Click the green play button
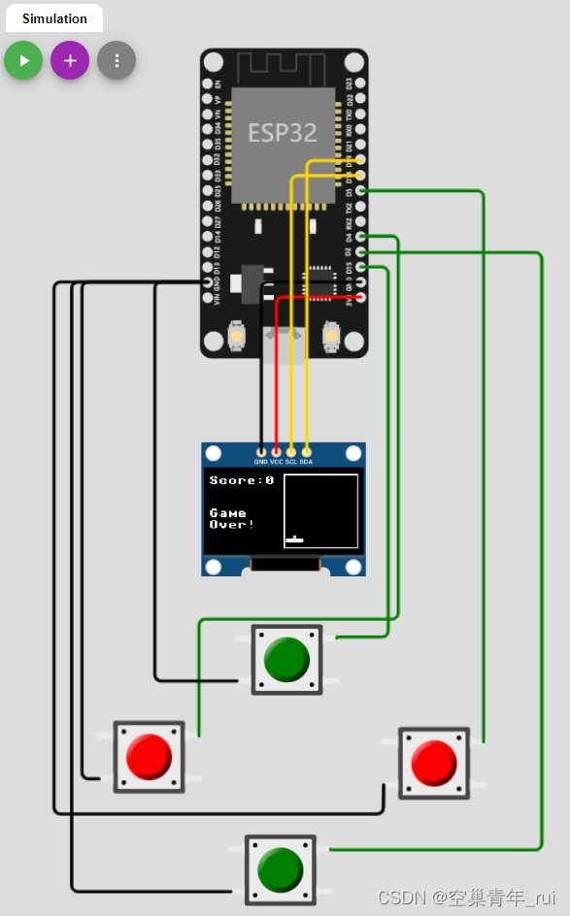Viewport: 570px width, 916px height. (23, 60)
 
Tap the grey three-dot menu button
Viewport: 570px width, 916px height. (117, 60)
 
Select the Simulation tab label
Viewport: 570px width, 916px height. (54, 18)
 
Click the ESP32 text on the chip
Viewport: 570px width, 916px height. (283, 133)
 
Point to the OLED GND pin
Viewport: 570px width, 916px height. (261, 451)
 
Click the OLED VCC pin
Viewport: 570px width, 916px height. (277, 451)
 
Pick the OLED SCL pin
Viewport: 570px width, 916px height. (291, 451)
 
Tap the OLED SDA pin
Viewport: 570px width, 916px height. (307, 451)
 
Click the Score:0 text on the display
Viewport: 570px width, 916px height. (242, 480)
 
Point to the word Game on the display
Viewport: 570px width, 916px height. (228, 512)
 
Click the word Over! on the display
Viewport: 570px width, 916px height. (232, 525)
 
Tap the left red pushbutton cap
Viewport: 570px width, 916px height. (150, 756)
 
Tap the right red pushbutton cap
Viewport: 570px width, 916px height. (434, 763)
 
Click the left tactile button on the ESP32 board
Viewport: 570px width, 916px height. (235, 337)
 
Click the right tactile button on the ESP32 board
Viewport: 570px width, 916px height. (331, 337)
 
